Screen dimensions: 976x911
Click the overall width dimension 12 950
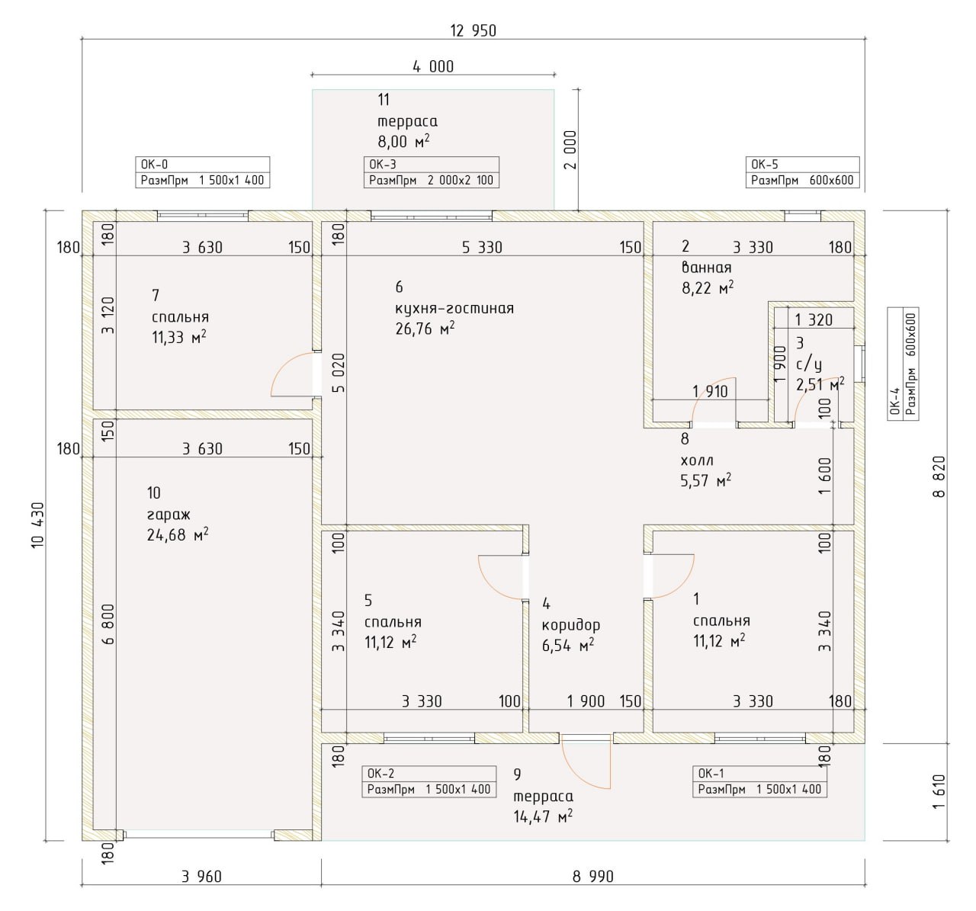coord(474,31)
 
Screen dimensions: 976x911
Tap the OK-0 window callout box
coord(203,172)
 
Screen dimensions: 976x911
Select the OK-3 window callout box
coord(431,172)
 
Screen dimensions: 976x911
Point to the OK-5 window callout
coord(802,172)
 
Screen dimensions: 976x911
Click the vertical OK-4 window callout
coord(904,364)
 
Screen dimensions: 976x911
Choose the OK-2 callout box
coord(429,781)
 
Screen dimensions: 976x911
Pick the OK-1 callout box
coord(759,781)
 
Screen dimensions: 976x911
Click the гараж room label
coord(169,515)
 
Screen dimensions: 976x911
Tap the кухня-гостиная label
coord(454,309)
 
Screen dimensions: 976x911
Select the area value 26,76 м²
coord(425,329)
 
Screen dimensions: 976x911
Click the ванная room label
coord(707,268)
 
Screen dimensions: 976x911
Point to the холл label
coord(697,460)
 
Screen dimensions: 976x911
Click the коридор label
coord(571,626)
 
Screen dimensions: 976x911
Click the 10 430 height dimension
coord(38,525)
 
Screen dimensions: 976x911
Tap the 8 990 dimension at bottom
coord(593,877)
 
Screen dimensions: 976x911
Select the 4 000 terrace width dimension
coord(433,66)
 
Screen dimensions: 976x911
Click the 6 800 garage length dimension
coord(108,624)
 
